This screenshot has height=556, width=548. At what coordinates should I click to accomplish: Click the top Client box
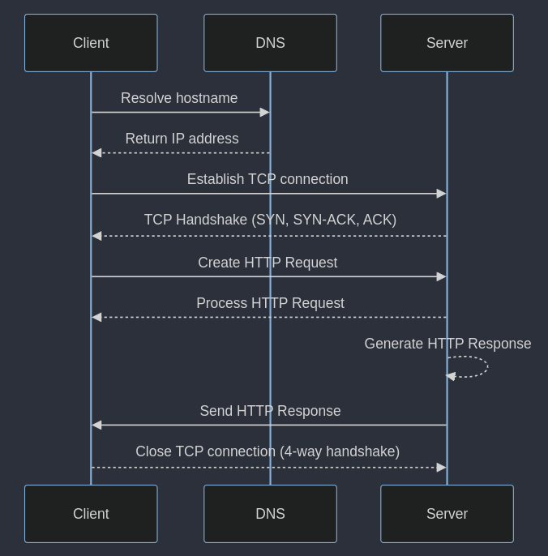[91, 43]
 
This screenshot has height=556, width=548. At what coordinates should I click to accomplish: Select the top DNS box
[270, 43]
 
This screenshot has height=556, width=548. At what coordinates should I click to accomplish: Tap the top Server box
[447, 43]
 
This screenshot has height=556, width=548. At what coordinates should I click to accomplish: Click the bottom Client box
[91, 514]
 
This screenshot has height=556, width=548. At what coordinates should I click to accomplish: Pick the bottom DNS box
[270, 514]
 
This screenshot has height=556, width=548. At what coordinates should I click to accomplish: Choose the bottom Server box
[447, 514]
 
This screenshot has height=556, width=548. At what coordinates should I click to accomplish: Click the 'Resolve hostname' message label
[179, 98]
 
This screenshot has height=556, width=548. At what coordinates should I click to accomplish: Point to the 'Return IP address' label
[182, 139]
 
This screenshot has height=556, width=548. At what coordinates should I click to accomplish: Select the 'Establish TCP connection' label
[268, 179]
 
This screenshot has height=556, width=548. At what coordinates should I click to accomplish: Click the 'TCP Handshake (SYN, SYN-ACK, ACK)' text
[270, 220]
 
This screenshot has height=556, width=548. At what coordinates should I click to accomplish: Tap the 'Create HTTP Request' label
[268, 263]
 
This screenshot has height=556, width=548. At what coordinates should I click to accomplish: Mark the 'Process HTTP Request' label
[270, 303]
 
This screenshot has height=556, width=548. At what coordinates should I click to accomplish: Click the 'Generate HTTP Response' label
[447, 344]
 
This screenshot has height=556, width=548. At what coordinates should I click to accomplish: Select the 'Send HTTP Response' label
[270, 411]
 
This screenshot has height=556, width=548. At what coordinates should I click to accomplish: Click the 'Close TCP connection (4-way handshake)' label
[268, 451]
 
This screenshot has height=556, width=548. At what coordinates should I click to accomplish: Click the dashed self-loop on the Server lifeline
[486, 366]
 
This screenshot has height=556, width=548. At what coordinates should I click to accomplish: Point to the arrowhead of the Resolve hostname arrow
[264, 113]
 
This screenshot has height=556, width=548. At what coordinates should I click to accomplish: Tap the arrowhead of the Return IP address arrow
[96, 153]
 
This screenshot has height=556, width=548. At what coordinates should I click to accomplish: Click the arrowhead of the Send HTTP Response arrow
[96, 425]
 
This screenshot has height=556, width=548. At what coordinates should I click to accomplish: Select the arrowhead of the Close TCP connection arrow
[441, 468]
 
